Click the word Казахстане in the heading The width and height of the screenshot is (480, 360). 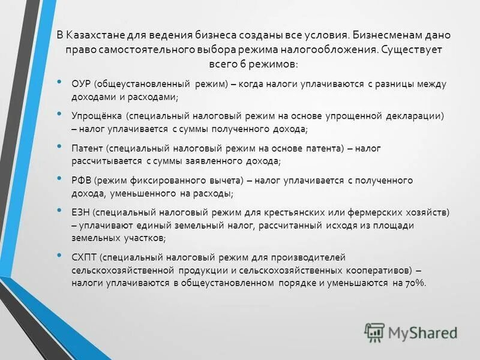[101, 35]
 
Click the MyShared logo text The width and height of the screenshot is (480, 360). [422, 332]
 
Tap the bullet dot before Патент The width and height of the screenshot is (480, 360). [58, 145]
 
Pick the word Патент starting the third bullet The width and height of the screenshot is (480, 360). [88, 148]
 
